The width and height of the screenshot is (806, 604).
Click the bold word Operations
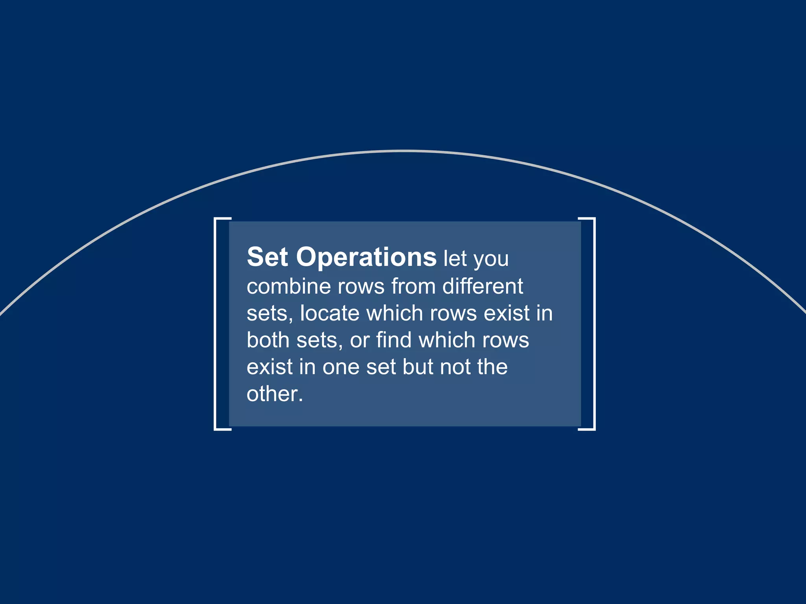(x=366, y=258)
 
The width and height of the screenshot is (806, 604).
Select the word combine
(x=288, y=286)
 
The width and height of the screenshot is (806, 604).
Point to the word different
(x=482, y=286)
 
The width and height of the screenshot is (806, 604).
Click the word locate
(x=330, y=313)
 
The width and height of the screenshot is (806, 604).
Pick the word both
(x=268, y=340)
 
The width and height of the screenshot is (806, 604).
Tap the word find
(x=394, y=340)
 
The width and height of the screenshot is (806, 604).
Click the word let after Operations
(x=455, y=259)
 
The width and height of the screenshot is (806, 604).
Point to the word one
(x=341, y=368)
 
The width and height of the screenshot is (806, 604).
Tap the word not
(x=455, y=367)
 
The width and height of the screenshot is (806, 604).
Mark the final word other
(x=272, y=394)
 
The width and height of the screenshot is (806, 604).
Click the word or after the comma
(x=359, y=341)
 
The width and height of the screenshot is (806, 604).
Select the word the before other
(x=492, y=367)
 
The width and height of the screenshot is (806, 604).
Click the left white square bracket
(x=216, y=324)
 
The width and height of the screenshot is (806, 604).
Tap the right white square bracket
(x=593, y=324)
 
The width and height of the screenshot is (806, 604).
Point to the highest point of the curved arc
(x=403, y=151)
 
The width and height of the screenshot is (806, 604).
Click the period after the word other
(x=301, y=400)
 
